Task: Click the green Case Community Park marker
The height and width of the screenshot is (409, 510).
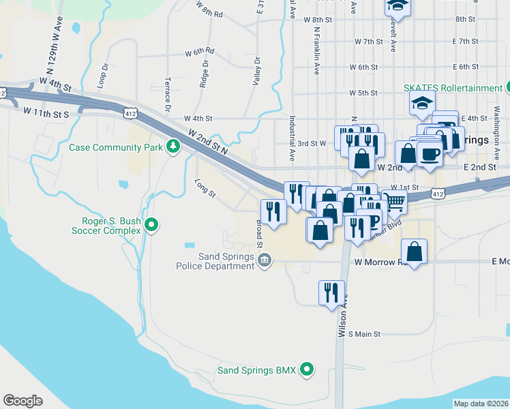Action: (174, 147)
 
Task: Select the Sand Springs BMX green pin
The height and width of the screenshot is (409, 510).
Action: (307, 370)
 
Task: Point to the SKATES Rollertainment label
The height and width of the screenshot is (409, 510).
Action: (452, 88)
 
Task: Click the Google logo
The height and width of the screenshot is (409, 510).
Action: (22, 401)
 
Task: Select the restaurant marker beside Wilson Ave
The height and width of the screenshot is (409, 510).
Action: (331, 293)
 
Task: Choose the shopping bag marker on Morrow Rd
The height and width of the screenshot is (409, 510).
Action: (415, 252)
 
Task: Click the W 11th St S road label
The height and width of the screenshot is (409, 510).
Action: (46, 111)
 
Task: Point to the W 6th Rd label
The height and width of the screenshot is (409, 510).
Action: (199, 52)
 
